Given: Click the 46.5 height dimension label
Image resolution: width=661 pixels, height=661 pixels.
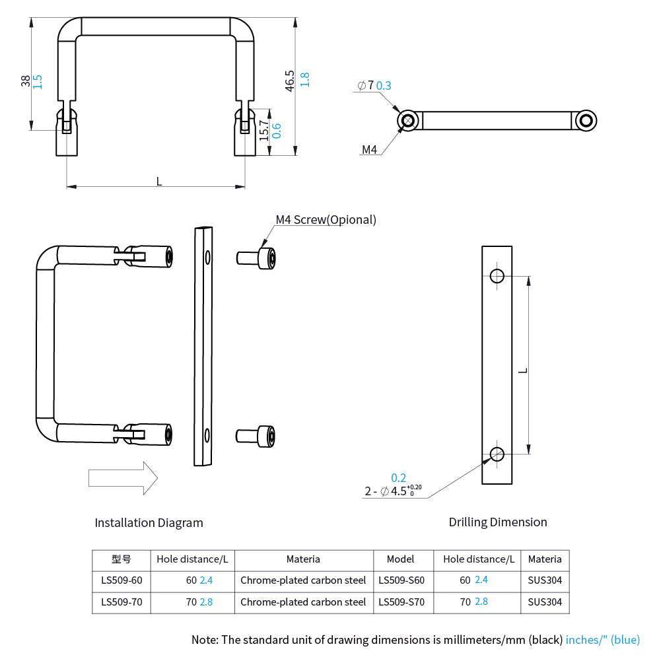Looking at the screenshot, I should pyautogui.click(x=289, y=80).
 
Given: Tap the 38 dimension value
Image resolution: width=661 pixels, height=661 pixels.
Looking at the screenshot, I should pyautogui.click(x=26, y=81).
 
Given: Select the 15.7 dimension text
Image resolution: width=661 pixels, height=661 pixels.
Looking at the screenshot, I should pyautogui.click(x=264, y=131).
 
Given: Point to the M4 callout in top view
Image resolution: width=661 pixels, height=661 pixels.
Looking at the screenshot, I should pyautogui.click(x=369, y=150).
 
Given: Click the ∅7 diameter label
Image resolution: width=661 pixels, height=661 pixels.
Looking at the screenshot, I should pyautogui.click(x=365, y=85).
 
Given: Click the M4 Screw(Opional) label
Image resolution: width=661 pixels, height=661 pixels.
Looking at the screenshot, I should pyautogui.click(x=326, y=220).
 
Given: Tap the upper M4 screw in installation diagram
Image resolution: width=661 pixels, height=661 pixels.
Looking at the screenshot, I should pyautogui.click(x=256, y=256).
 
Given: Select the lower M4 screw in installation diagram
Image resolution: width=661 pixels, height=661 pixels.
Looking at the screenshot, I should pyautogui.click(x=256, y=435).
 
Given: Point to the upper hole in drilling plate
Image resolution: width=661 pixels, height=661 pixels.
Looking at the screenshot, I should pyautogui.click(x=497, y=275).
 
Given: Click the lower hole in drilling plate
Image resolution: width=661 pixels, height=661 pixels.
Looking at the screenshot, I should pyautogui.click(x=497, y=454).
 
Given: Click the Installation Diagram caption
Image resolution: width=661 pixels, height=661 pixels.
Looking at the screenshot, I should pyautogui.click(x=149, y=523).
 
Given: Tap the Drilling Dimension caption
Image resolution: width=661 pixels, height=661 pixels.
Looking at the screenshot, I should pyautogui.click(x=498, y=522).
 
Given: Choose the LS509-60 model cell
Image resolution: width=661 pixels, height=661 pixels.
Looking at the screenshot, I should pyautogui.click(x=122, y=580).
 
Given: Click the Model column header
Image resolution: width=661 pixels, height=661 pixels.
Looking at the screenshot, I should pyautogui.click(x=401, y=559).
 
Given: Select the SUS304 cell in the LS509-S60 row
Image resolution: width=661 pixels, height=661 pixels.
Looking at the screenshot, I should pyautogui.click(x=545, y=580).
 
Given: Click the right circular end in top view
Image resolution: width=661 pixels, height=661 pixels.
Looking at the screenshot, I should pyautogui.click(x=585, y=120).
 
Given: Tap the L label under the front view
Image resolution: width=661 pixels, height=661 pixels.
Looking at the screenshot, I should pyautogui.click(x=158, y=181).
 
